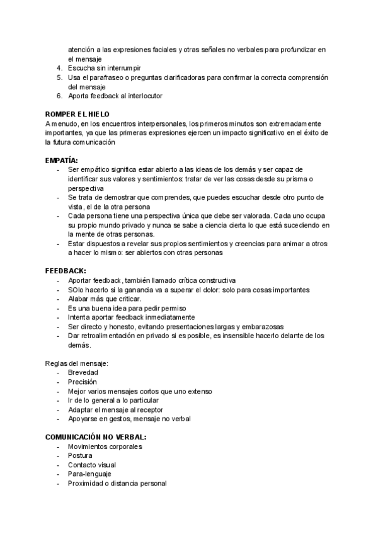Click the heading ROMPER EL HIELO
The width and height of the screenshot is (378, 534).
(x=77, y=114)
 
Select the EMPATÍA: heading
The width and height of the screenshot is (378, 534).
(x=66, y=161)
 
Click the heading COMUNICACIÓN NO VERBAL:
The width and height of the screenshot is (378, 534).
(x=96, y=437)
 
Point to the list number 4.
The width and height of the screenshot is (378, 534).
(x=59, y=67)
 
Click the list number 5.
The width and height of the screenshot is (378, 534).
(x=59, y=77)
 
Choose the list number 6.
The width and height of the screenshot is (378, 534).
(x=59, y=96)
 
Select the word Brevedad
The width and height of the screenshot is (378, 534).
(x=83, y=373)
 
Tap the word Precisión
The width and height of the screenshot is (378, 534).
(x=83, y=382)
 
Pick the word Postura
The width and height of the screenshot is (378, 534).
(x=80, y=455)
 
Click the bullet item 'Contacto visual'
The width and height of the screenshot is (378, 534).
(x=92, y=465)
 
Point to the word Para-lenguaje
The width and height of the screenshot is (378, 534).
(x=89, y=474)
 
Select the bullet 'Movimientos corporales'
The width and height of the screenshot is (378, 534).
(x=105, y=446)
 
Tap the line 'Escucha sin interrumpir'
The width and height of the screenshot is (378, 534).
(x=105, y=67)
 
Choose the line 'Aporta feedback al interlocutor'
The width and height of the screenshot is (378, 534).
(x=115, y=96)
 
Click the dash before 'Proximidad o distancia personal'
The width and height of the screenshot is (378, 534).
(x=59, y=483)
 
